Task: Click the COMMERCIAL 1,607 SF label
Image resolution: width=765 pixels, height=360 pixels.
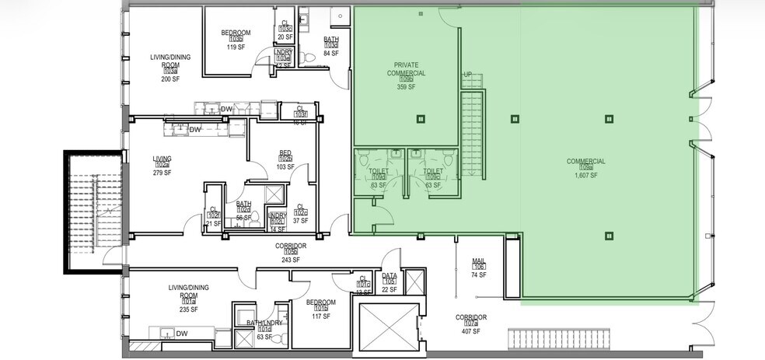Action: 585,169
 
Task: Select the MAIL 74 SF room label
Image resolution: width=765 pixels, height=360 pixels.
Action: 479,268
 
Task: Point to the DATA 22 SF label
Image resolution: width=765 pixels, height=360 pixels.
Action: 389,282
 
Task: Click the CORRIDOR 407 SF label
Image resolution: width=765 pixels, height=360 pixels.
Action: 471,325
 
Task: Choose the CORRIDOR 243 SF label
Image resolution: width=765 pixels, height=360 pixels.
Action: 291,252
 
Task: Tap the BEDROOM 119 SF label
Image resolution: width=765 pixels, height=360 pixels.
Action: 236,40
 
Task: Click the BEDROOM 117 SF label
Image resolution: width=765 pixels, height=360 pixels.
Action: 320,309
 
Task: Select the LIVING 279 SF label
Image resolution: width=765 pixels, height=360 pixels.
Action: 162,166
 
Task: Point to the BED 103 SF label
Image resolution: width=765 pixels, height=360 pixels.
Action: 285,160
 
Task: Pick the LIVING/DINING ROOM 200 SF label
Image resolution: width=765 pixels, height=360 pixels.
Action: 170,68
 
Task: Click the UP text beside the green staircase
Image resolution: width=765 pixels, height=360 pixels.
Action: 467,75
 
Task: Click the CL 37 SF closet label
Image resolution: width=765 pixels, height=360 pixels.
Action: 300,214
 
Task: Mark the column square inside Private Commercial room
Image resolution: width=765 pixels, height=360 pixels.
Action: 421,119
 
